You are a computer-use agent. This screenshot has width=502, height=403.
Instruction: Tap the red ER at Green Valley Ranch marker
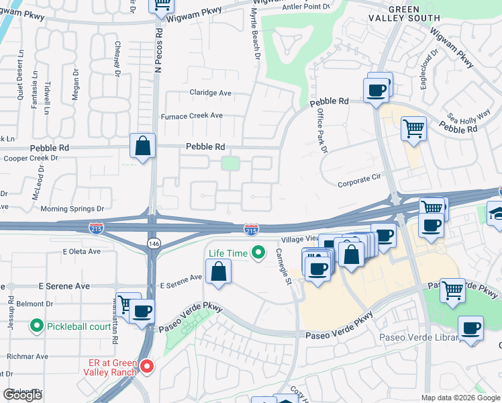pyautogui.click(x=147, y=367)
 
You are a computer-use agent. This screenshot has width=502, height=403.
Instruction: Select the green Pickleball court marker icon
pyautogui.click(x=38, y=327)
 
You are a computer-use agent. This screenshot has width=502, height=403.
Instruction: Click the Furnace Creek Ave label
pyautogui.click(x=191, y=116)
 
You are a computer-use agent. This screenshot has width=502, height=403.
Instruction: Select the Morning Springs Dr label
pyautogui.click(x=72, y=209)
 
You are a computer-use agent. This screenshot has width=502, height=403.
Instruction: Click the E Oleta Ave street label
pyautogui.click(x=81, y=251)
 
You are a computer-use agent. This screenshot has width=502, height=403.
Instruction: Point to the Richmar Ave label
pyautogui.click(x=28, y=356)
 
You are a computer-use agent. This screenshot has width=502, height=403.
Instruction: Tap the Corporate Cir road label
pyautogui.click(x=359, y=182)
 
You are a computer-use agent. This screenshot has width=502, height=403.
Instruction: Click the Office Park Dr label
pyautogui.click(x=321, y=131)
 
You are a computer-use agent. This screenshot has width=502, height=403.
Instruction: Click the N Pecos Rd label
pyautogui.click(x=159, y=51)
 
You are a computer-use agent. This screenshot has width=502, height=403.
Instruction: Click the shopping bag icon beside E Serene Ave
pyautogui.click(x=218, y=272)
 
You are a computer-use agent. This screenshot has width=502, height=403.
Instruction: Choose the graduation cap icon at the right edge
pyautogui.click(x=495, y=213)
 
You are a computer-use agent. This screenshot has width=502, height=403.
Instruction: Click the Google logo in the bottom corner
pyautogui.click(x=22, y=395)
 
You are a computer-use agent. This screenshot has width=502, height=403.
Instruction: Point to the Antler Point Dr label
pyautogui.click(x=308, y=6)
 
